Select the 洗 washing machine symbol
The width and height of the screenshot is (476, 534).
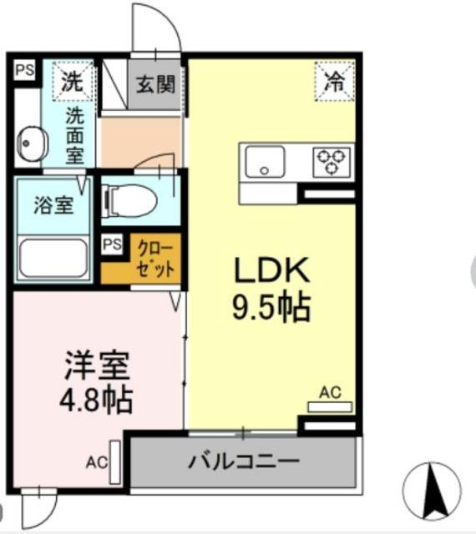(73, 83)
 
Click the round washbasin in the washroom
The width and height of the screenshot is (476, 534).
(32, 142)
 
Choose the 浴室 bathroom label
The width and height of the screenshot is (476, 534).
(52, 206)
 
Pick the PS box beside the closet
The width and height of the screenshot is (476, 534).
(112, 244)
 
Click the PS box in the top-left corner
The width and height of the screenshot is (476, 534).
(23, 70)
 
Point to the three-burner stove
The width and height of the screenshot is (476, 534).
(332, 161)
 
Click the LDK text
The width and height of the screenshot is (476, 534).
(271, 271)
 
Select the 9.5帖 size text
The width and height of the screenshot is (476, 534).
(271, 309)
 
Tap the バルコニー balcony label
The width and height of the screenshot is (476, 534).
(243, 460)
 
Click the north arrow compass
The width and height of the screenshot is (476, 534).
(432, 490)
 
